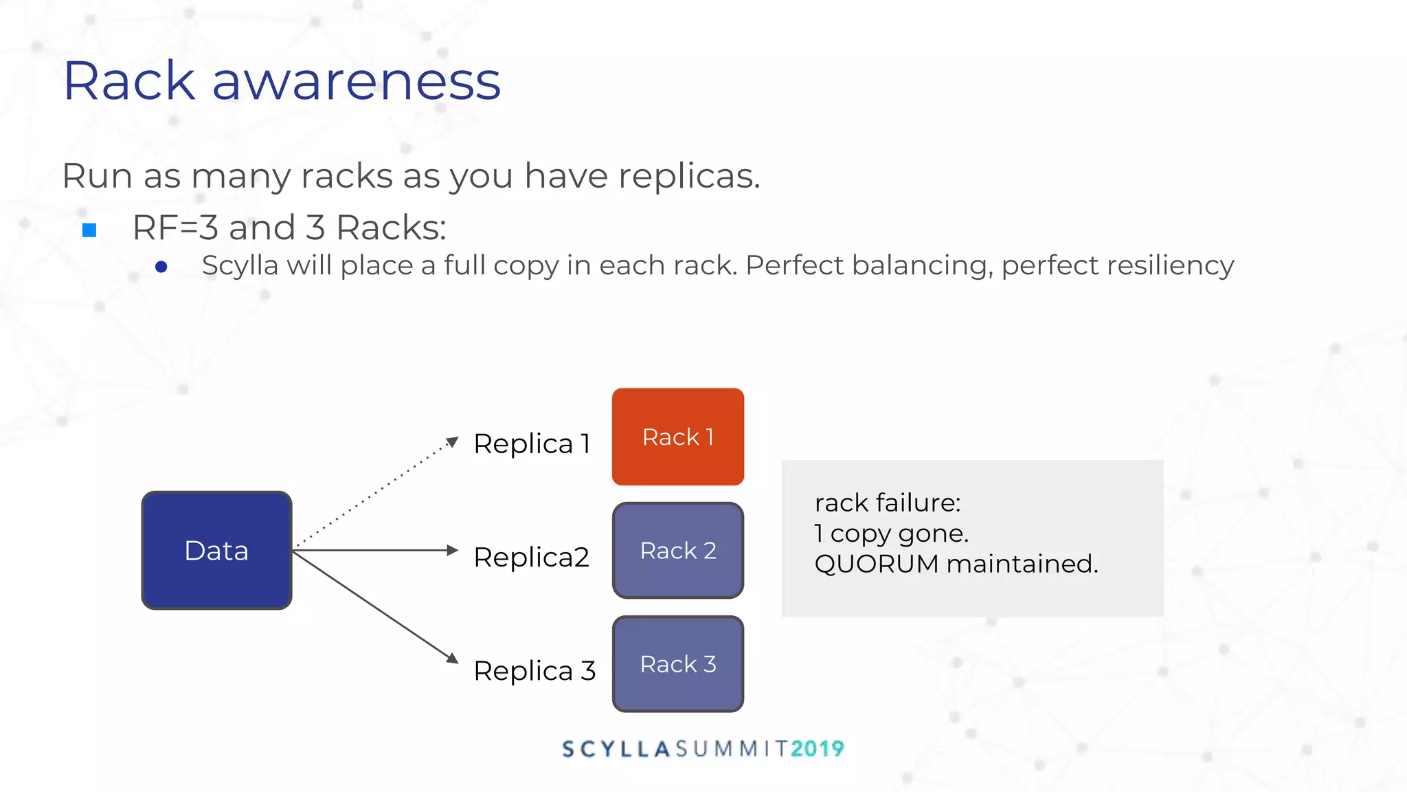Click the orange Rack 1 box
coord(677,437)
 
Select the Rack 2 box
coord(677,550)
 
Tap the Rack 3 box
coord(677,663)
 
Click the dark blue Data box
coord(216,550)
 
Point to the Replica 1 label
coord(532,443)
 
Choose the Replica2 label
coord(531,557)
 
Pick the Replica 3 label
coord(534,670)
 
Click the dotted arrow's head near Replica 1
coord(452,441)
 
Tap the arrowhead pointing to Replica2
coord(452,550)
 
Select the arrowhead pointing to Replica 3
coord(452,658)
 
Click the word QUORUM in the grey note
coord(876,564)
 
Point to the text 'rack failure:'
coord(887,503)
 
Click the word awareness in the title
coord(356,81)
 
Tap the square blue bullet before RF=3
coord(89,230)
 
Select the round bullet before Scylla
coord(161,267)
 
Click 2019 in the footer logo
coord(817,749)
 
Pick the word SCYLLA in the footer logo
coord(616,749)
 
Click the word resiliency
coord(1117,266)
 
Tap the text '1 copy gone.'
coord(891,533)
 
